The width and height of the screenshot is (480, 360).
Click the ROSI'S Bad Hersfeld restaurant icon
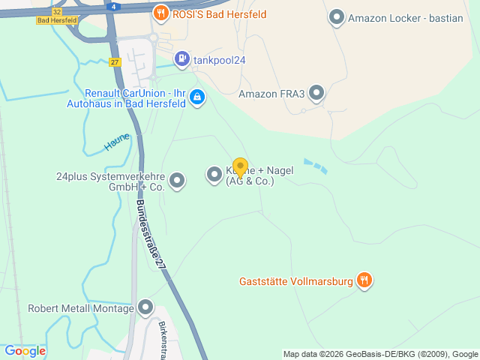pos(160,13)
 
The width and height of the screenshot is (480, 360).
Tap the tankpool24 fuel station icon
pos(181,58)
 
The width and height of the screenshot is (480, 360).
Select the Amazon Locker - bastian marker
pos(337,16)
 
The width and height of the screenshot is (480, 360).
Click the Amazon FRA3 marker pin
pos(317,93)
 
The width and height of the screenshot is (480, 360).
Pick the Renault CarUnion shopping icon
pos(196,97)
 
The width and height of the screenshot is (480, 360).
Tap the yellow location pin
pos(240,167)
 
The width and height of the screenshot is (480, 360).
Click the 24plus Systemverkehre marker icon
pos(177,180)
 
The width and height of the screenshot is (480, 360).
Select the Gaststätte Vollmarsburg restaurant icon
pos(364,281)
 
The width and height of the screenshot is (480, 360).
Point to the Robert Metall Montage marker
pos(145,307)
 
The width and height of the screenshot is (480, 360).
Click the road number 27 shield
pos(114,62)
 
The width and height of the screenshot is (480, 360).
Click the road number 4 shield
pos(112,6)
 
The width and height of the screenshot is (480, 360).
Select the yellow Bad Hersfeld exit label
pos(54,20)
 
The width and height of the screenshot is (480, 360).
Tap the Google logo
pos(25,350)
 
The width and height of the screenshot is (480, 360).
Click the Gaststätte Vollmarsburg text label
pos(295,282)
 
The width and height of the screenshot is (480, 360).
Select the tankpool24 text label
pos(220,60)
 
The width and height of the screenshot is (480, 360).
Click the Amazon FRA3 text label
pos(271,94)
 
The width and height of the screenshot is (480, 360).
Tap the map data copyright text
pos(380,354)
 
